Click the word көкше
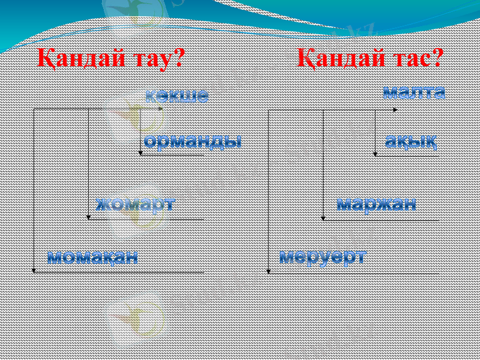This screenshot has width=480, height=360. coord(177,95)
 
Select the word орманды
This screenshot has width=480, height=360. coord(193,141)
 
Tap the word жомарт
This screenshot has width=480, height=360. coord(136,203)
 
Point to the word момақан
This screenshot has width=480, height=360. coord(93,257)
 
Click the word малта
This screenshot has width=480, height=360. coord(414,92)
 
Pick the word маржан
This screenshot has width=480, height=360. coord(376,203)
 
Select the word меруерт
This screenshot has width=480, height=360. coord(323,256)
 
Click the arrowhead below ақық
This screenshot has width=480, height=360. coord(376,154)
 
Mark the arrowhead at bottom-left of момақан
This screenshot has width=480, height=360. coord(34,271)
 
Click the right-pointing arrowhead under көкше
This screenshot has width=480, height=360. coord(160,109)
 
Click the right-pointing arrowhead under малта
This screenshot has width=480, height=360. coord(395,110)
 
